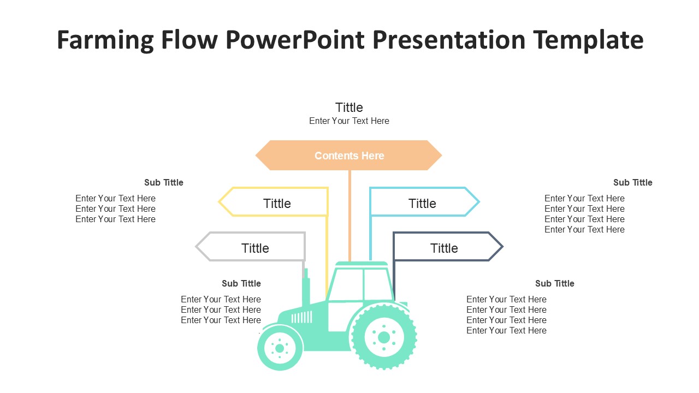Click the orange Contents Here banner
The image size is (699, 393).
pyautogui.click(x=349, y=156)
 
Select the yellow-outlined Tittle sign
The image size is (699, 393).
pyautogui.click(x=277, y=203)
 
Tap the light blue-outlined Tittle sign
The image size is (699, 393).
pyautogui.click(x=422, y=203)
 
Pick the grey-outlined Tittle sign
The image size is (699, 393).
pyautogui.click(x=254, y=247)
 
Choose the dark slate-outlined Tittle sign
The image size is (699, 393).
pyautogui.click(x=444, y=247)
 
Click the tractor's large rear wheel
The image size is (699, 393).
pyautogui.click(x=383, y=337)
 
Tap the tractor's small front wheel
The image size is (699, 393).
pyautogui.click(x=280, y=348)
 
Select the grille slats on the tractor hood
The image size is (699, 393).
pyautogui.click(x=301, y=317)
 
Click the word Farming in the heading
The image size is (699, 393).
pyautogui.click(x=104, y=40)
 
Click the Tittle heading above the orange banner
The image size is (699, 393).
pyautogui.click(x=349, y=107)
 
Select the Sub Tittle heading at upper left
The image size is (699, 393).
pyautogui.click(x=164, y=182)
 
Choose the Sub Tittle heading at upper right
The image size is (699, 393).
pyautogui.click(x=632, y=182)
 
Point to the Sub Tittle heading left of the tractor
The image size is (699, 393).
pyautogui.click(x=241, y=283)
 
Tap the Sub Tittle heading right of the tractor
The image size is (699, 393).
pyautogui.click(x=554, y=283)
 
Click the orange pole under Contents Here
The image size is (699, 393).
pyautogui.click(x=350, y=216)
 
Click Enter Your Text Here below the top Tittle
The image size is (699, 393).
pyautogui.click(x=349, y=121)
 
